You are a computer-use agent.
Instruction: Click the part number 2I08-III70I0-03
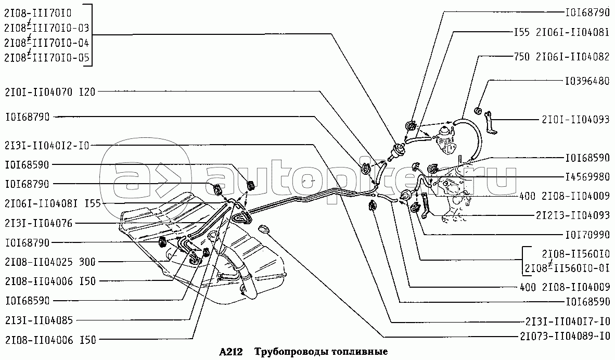pyautogui.click(x=47, y=28)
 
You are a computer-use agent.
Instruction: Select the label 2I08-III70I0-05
pyautogui.click(x=47, y=58)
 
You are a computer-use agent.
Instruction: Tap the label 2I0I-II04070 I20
pyautogui.click(x=50, y=92)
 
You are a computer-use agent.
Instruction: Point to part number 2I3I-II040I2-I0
pyautogui.click(x=47, y=146)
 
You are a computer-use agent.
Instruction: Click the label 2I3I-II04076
pyautogui.click(x=39, y=223)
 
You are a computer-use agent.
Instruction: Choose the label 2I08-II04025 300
pyautogui.click(x=50, y=262)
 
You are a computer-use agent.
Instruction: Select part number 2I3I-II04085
pyautogui.click(x=39, y=320)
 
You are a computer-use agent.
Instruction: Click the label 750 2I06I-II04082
pyautogui.click(x=561, y=57)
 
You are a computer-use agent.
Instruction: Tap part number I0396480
pyautogui.click(x=587, y=81)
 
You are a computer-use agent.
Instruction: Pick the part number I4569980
pyautogui.click(x=587, y=177)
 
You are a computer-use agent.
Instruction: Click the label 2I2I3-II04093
pyautogui.click(x=573, y=215)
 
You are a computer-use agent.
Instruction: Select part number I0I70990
pyautogui.click(x=587, y=235)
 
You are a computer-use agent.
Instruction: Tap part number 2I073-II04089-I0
pyautogui.click(x=565, y=336)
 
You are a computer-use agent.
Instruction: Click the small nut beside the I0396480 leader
pyautogui.click(x=478, y=111)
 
